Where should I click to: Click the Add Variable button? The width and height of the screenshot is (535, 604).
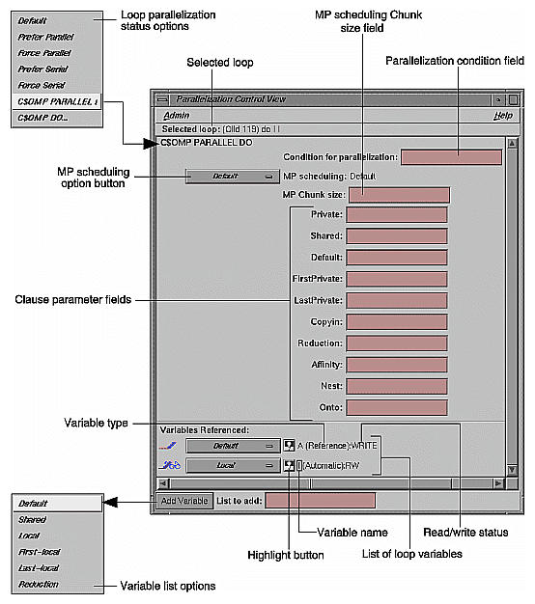(183, 501)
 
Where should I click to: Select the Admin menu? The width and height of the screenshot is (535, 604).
(176, 115)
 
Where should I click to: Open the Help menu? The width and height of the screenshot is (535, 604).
(501, 115)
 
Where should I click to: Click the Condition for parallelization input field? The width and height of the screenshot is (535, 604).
(451, 157)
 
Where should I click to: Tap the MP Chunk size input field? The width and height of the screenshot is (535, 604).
(399, 195)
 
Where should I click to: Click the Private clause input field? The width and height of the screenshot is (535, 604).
(396, 214)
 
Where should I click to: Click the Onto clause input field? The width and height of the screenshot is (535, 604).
(396, 408)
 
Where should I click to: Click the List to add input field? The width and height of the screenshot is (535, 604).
(320, 501)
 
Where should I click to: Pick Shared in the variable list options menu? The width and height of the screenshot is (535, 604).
(38, 519)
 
